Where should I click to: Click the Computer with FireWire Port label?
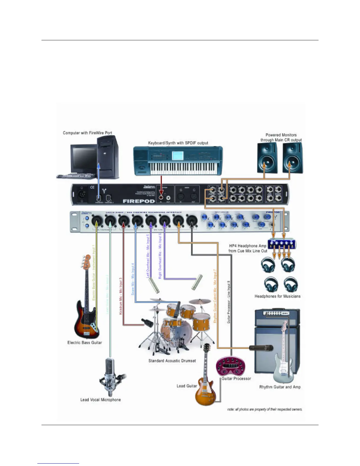pos(87,133)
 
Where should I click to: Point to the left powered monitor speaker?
pos(267,158)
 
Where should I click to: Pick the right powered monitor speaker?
pos(292,158)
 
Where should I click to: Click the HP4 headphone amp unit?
pos(282,244)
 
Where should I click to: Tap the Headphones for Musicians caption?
pos(277,296)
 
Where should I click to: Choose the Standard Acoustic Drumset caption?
pos(172,361)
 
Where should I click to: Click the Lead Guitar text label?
pos(187,386)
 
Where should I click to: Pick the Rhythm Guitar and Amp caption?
pos(280,387)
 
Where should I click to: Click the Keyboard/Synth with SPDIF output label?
pos(178,143)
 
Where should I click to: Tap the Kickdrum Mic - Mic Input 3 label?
pos(121,296)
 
